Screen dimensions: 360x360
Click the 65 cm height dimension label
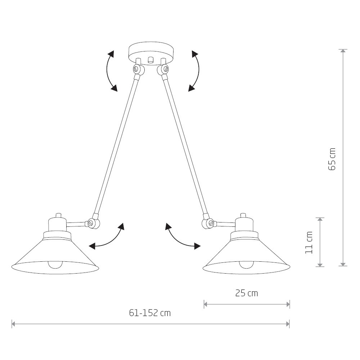(332, 159)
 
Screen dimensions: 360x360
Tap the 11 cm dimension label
(309, 243)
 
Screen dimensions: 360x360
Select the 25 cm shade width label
(247, 293)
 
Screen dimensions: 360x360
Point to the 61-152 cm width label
(150, 313)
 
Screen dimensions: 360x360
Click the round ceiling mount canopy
(151, 53)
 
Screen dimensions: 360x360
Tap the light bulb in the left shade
(55, 265)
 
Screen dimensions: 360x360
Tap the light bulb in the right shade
(247, 265)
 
